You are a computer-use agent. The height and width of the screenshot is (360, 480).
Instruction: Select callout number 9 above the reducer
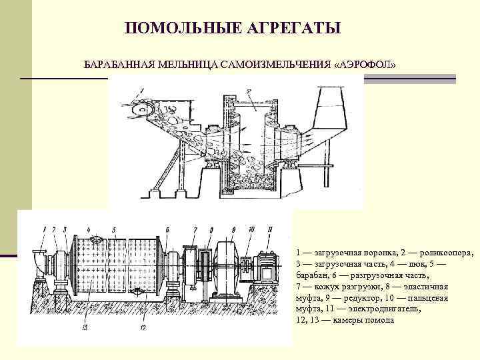pyautogui.click(x=233, y=230)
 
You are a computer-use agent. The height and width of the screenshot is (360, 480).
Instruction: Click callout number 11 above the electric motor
pyautogui.click(x=270, y=230)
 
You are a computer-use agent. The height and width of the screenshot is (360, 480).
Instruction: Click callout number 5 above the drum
pyautogui.click(x=114, y=230)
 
